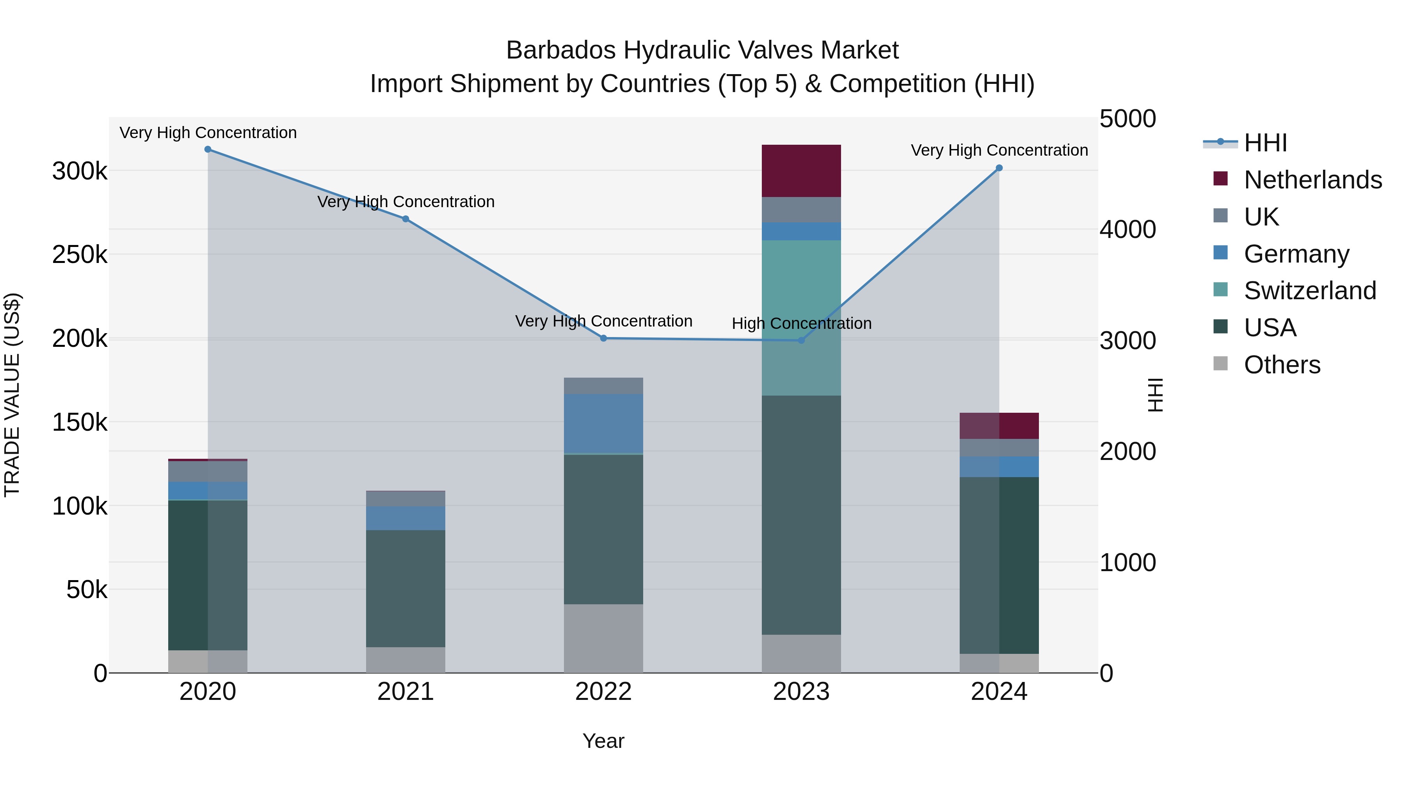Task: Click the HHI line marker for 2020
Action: click(x=208, y=149)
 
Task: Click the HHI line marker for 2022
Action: click(x=603, y=338)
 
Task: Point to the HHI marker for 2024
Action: click(x=999, y=168)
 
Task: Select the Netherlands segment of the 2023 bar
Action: click(x=801, y=170)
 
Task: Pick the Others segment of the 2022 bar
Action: click(x=603, y=638)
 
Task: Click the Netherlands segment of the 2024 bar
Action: click(x=999, y=426)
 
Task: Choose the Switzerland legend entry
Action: click(x=1309, y=291)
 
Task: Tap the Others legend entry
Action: click(x=1282, y=365)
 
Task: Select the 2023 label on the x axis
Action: click(x=801, y=692)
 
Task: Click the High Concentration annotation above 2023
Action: click(x=801, y=323)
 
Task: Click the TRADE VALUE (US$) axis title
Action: click(x=12, y=395)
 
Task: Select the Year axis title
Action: click(x=603, y=741)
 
